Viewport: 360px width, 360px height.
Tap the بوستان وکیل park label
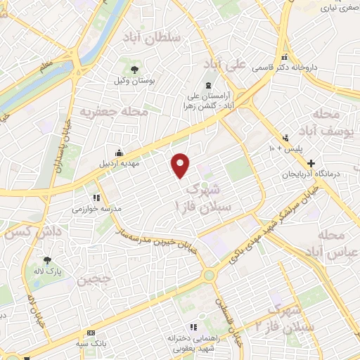click(x=134, y=81)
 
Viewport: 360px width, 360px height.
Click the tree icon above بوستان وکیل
click(x=134, y=69)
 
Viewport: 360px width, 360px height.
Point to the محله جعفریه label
click(x=114, y=112)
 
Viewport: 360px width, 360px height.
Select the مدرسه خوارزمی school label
click(x=97, y=210)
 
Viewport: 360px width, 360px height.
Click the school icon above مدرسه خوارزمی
click(x=96, y=198)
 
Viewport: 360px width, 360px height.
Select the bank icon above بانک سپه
click(x=91, y=332)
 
